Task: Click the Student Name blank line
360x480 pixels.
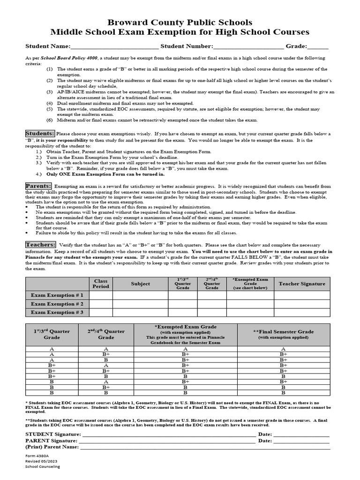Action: [x=114, y=47]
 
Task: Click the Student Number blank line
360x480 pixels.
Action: [x=248, y=47]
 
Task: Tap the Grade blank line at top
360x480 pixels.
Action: [x=318, y=47]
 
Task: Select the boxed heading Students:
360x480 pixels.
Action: [x=40, y=134]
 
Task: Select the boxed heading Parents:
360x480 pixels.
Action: [x=38, y=186]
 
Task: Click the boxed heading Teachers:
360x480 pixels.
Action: [x=41, y=245]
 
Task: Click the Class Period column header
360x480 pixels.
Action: [x=101, y=284]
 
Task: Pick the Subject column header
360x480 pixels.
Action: [x=140, y=284]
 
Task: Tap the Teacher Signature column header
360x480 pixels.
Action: [x=301, y=284]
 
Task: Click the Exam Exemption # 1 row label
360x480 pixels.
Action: [x=57, y=295]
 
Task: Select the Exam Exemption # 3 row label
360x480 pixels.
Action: [x=57, y=312]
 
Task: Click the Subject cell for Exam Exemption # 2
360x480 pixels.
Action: [x=140, y=304]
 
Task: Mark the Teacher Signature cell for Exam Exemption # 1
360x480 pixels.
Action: [x=301, y=295]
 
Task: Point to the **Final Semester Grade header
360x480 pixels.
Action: [x=283, y=334]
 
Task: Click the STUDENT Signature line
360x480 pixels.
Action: [x=169, y=435]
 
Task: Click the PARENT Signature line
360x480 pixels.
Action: [x=169, y=441]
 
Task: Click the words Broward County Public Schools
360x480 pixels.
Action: [x=180, y=22]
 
